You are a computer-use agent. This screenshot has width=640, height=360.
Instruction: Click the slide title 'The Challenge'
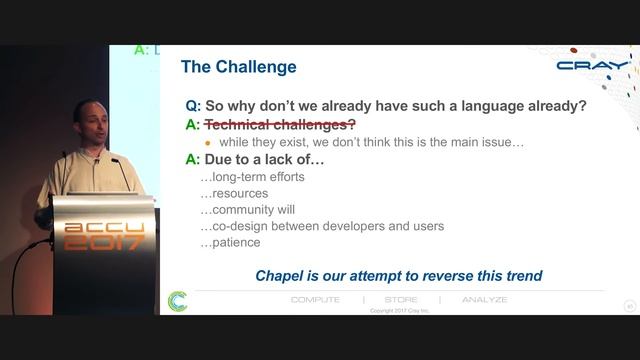click(x=238, y=67)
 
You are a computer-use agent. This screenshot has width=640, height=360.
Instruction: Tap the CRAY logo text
click(x=592, y=66)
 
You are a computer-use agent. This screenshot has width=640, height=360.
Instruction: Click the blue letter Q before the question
click(x=191, y=105)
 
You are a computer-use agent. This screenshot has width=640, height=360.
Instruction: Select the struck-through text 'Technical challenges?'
click(x=280, y=124)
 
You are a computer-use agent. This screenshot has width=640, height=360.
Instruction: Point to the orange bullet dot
click(x=210, y=142)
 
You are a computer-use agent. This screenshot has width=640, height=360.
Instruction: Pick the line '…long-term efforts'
click(x=252, y=177)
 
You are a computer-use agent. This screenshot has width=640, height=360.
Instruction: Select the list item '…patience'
click(x=230, y=242)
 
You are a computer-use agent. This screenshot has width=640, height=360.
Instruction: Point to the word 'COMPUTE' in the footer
click(x=315, y=300)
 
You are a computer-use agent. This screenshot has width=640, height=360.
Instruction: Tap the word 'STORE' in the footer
click(x=401, y=300)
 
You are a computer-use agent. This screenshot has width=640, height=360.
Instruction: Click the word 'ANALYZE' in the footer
click(x=484, y=300)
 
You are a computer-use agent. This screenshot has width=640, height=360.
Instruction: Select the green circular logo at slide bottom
click(x=178, y=301)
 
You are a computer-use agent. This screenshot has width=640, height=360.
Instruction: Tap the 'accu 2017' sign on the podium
click(x=103, y=233)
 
